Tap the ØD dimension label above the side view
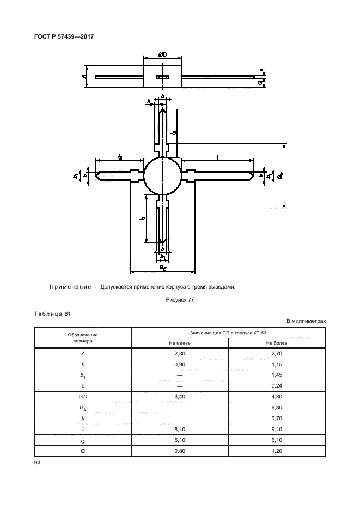(162, 54)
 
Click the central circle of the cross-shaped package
(162, 175)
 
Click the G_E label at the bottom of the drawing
(162, 267)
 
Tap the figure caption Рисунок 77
(179, 300)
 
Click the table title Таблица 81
(52, 313)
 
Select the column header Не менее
(179, 343)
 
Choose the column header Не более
(277, 343)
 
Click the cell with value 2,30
(179, 353)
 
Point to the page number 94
(38, 463)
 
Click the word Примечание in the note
(72, 287)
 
